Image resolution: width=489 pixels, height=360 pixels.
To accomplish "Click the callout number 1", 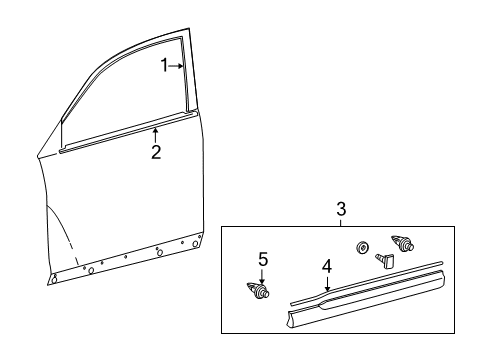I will click(167, 66).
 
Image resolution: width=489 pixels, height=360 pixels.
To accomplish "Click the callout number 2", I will click(155, 152).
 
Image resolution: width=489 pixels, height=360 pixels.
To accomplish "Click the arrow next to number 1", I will click(177, 66).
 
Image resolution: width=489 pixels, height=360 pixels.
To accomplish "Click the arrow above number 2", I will click(155, 135).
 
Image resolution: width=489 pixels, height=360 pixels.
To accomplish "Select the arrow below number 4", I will click(325, 283).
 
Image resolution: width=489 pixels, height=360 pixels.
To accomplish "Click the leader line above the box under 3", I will click(341, 223).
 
